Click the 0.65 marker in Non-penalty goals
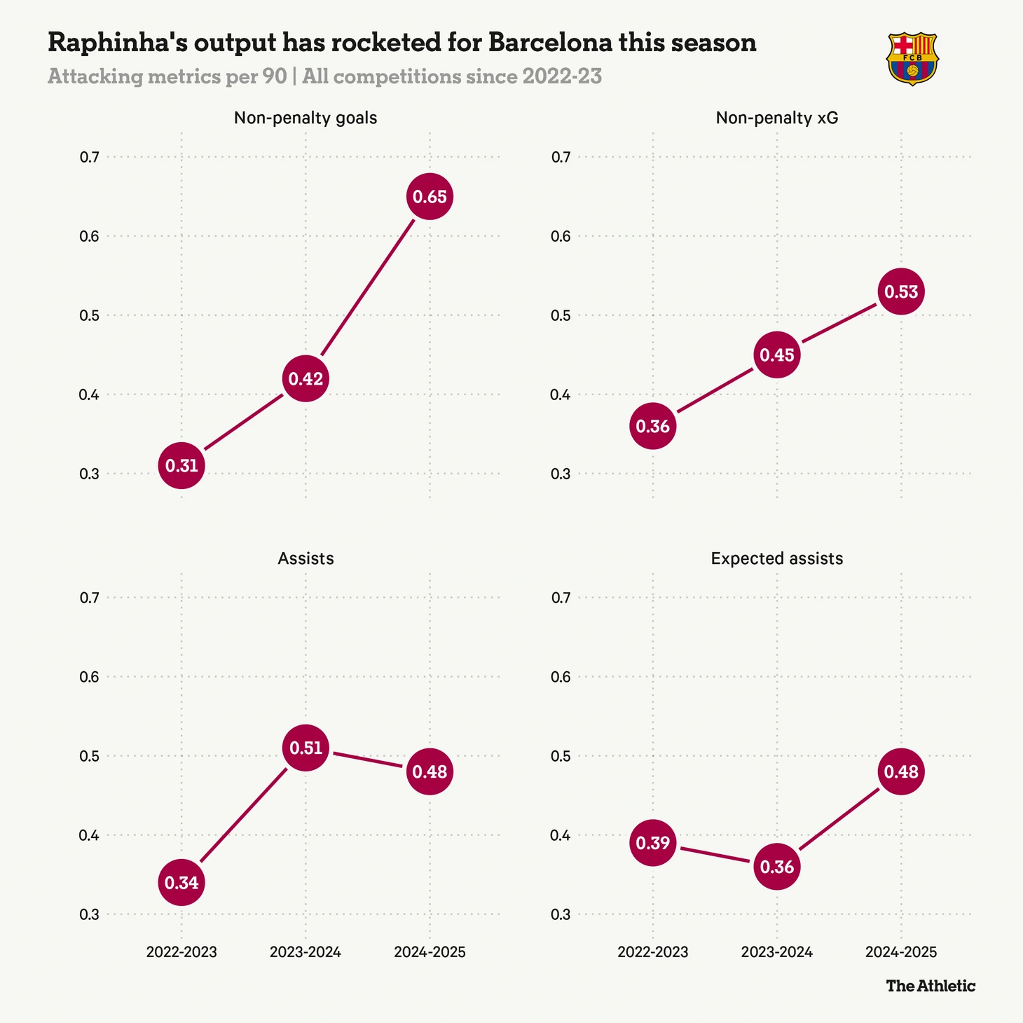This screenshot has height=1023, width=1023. pos(430,197)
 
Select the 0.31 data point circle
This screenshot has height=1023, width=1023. pos(181,465)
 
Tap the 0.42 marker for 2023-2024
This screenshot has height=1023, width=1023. pos(306,379)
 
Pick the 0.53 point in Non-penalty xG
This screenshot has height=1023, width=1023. pos(901,291)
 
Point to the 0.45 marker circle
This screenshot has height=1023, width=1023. pos(777,355)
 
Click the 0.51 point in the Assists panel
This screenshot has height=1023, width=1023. pos(306,748)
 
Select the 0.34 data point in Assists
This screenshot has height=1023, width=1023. pos(181,883)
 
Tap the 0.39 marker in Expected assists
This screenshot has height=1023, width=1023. pos(653,843)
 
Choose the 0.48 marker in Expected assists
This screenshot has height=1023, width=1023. pos(901,771)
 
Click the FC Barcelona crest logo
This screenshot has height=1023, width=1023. pos(912,59)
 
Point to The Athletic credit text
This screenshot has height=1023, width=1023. pos(931,986)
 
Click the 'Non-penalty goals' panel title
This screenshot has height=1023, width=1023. pos(305,118)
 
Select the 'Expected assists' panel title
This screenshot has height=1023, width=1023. pos(776,558)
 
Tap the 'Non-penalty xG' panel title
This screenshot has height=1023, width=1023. pos(777,118)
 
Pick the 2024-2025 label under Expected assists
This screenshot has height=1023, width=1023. pos(901,952)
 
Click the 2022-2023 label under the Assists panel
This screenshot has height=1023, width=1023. pos(181,952)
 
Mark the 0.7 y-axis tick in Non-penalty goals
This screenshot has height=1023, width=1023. pos(89,157)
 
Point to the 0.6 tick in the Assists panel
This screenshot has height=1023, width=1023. pos(89,677)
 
